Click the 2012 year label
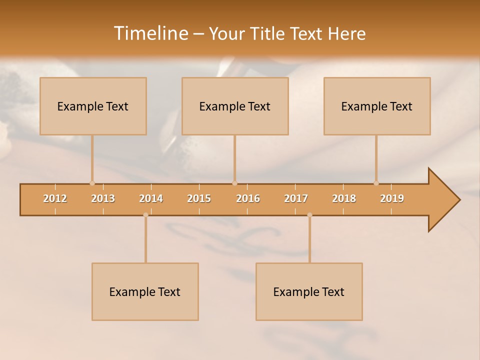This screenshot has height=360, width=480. pyautogui.click(x=55, y=198)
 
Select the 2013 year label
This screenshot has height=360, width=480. pyautogui.click(x=103, y=198)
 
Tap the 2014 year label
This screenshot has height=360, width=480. pyautogui.click(x=151, y=198)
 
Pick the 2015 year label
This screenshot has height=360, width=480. pyautogui.click(x=199, y=198)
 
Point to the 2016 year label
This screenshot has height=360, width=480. pyautogui.click(x=248, y=198)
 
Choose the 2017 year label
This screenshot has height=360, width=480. pyautogui.click(x=296, y=198)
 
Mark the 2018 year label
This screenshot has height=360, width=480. pyautogui.click(x=344, y=198)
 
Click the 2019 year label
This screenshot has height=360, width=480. pyautogui.click(x=392, y=198)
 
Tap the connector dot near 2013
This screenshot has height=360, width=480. pyautogui.click(x=92, y=183)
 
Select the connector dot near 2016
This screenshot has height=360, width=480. pyautogui.click(x=234, y=183)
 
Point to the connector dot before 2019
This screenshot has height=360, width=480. pyautogui.click(x=376, y=183)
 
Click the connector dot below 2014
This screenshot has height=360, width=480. pyautogui.click(x=145, y=215)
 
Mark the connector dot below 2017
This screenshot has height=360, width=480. pyautogui.click(x=309, y=215)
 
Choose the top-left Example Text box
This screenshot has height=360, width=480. pyautogui.click(x=93, y=106)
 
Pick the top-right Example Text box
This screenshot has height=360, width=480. pyautogui.click(x=377, y=106)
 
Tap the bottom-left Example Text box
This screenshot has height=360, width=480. pyautogui.click(x=145, y=291)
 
